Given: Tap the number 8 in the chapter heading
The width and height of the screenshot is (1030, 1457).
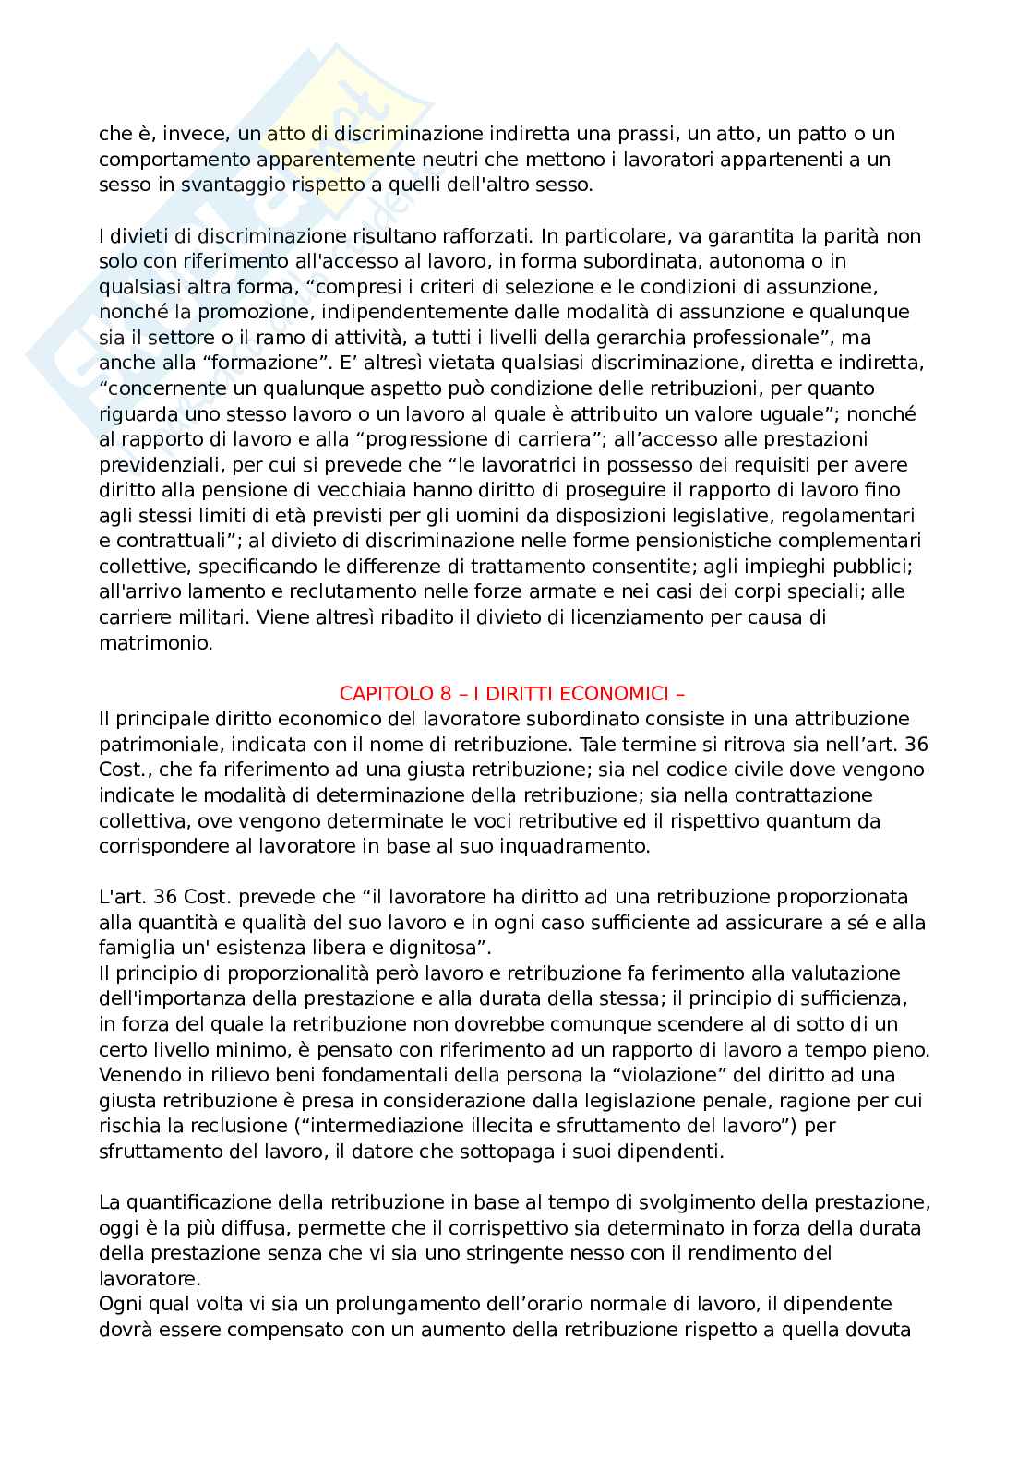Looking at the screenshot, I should [445, 693].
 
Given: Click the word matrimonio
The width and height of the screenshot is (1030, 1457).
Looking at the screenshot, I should [155, 642].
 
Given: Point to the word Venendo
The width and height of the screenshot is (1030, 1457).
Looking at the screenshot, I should [134, 1075].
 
